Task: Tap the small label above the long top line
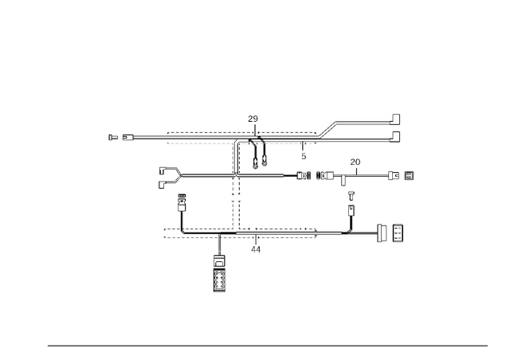click(253, 119)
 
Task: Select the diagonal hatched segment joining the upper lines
click(327, 129)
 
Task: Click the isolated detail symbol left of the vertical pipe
click(170, 173)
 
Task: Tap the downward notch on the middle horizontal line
click(343, 184)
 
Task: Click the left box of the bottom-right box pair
click(383, 232)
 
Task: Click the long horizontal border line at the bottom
click(267, 345)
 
